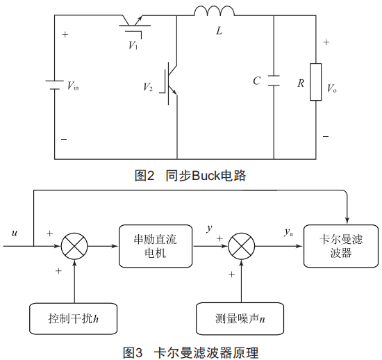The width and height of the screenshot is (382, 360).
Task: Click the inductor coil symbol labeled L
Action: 215,10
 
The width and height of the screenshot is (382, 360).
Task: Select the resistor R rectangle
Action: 316,82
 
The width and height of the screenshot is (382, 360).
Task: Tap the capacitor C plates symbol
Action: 274,81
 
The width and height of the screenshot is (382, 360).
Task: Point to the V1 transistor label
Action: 133,45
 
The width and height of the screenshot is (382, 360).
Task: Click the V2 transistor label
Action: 148,87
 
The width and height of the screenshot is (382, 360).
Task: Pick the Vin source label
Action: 73,85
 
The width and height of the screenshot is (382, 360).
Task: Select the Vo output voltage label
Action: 332,88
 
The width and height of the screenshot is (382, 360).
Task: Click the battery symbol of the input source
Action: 55,85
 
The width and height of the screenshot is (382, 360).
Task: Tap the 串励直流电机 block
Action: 156,246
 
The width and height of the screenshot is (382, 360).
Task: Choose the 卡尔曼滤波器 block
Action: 341,246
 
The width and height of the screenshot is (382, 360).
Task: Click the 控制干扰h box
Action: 73,318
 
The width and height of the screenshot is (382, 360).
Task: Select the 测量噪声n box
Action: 240,318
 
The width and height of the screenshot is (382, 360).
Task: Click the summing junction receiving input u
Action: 74,246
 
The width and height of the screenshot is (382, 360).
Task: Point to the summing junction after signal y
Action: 242,246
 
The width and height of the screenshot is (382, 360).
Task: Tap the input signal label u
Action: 15,233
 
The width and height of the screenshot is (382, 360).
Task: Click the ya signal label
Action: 288,232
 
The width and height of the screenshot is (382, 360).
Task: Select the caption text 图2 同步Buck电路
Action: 190,176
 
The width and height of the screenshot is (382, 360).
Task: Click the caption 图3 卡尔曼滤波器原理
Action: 190,352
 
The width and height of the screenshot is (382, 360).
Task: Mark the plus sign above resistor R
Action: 326,42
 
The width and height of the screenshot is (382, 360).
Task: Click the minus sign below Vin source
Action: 64,139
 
